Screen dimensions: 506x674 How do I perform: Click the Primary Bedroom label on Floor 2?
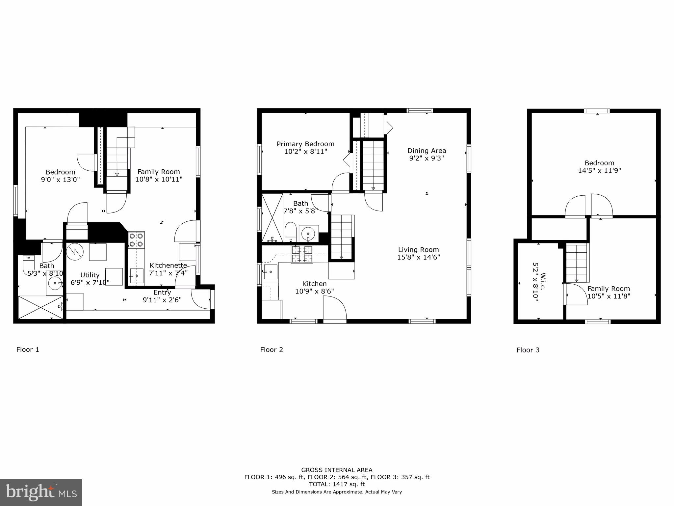coord(305,144)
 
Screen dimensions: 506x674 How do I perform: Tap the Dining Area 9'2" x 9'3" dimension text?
coord(427,158)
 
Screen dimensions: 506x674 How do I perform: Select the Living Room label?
coord(418,250)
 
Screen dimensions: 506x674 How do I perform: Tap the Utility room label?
coord(90,275)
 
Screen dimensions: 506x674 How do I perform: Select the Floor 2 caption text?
coord(272,350)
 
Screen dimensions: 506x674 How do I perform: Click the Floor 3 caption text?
coord(528,350)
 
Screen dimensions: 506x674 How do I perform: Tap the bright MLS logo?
coord(41,492)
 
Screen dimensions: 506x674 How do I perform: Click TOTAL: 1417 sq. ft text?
coord(337,484)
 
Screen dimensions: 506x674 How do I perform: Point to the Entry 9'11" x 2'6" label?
coord(162,296)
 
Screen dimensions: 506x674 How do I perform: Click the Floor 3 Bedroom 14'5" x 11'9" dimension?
coord(599,171)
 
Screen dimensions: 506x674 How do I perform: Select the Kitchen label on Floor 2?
coord(314,284)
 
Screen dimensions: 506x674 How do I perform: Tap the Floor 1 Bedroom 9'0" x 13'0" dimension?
coord(60,180)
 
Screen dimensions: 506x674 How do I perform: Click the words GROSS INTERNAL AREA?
coord(337,470)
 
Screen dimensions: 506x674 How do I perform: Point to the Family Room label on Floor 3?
coord(609,289)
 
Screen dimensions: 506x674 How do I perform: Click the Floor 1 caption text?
coord(28,350)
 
